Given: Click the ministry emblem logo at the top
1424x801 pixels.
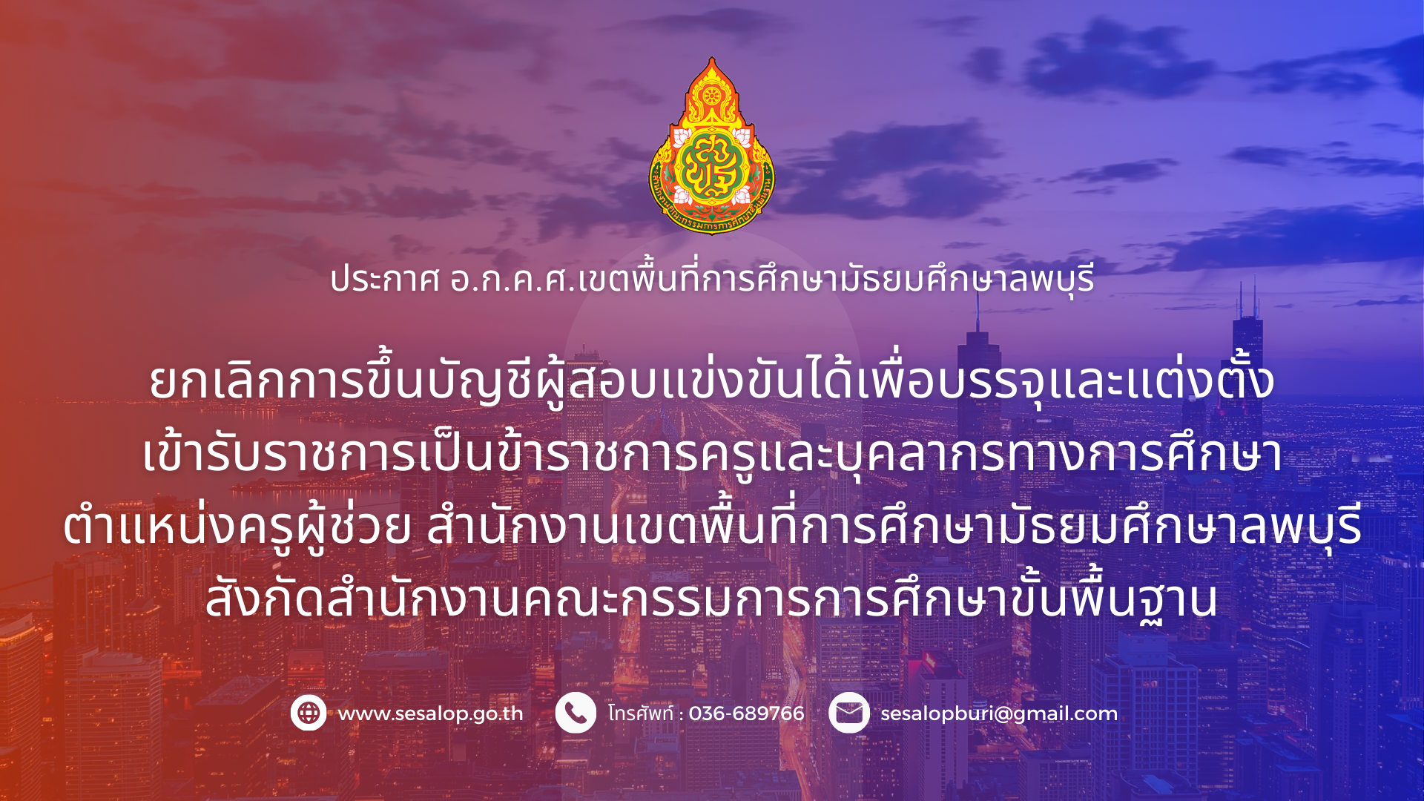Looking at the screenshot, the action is (711, 146).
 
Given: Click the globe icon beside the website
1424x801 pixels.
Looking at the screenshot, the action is (309, 713).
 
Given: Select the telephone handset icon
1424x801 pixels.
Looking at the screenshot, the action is (576, 713).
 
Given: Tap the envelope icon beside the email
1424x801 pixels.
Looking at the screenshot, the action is (849, 713).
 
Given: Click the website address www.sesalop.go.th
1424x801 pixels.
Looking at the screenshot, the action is (431, 714).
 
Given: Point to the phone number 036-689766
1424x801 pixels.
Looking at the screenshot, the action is (746, 713).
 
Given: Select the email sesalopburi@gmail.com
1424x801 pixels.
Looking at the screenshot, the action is (999, 714).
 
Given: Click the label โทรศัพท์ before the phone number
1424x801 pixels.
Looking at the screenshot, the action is (641, 713).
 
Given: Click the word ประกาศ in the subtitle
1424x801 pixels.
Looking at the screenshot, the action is (385, 280).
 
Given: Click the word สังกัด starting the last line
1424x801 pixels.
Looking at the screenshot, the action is (266, 598).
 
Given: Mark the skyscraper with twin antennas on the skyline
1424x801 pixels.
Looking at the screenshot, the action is (1247, 349).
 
